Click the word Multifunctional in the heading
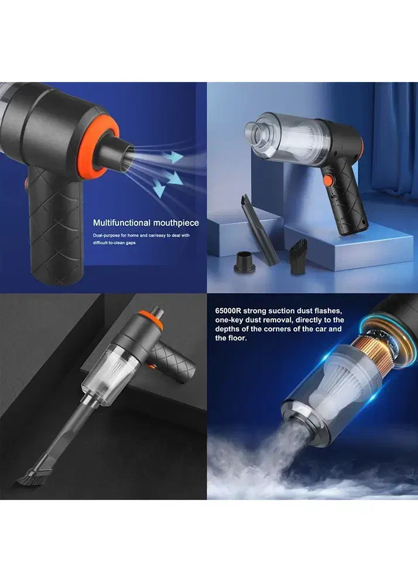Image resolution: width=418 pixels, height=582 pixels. [122, 222]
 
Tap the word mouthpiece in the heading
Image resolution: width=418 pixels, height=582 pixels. [176, 223]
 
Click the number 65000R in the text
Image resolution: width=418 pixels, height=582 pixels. [228, 311]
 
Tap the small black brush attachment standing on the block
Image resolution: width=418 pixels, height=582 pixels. [299, 256]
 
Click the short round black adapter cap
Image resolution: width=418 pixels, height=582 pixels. [245, 262]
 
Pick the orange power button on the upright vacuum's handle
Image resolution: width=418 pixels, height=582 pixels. [327, 181]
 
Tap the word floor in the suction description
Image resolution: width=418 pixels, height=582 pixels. [236, 338]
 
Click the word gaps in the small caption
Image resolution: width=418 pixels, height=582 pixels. [130, 243]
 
